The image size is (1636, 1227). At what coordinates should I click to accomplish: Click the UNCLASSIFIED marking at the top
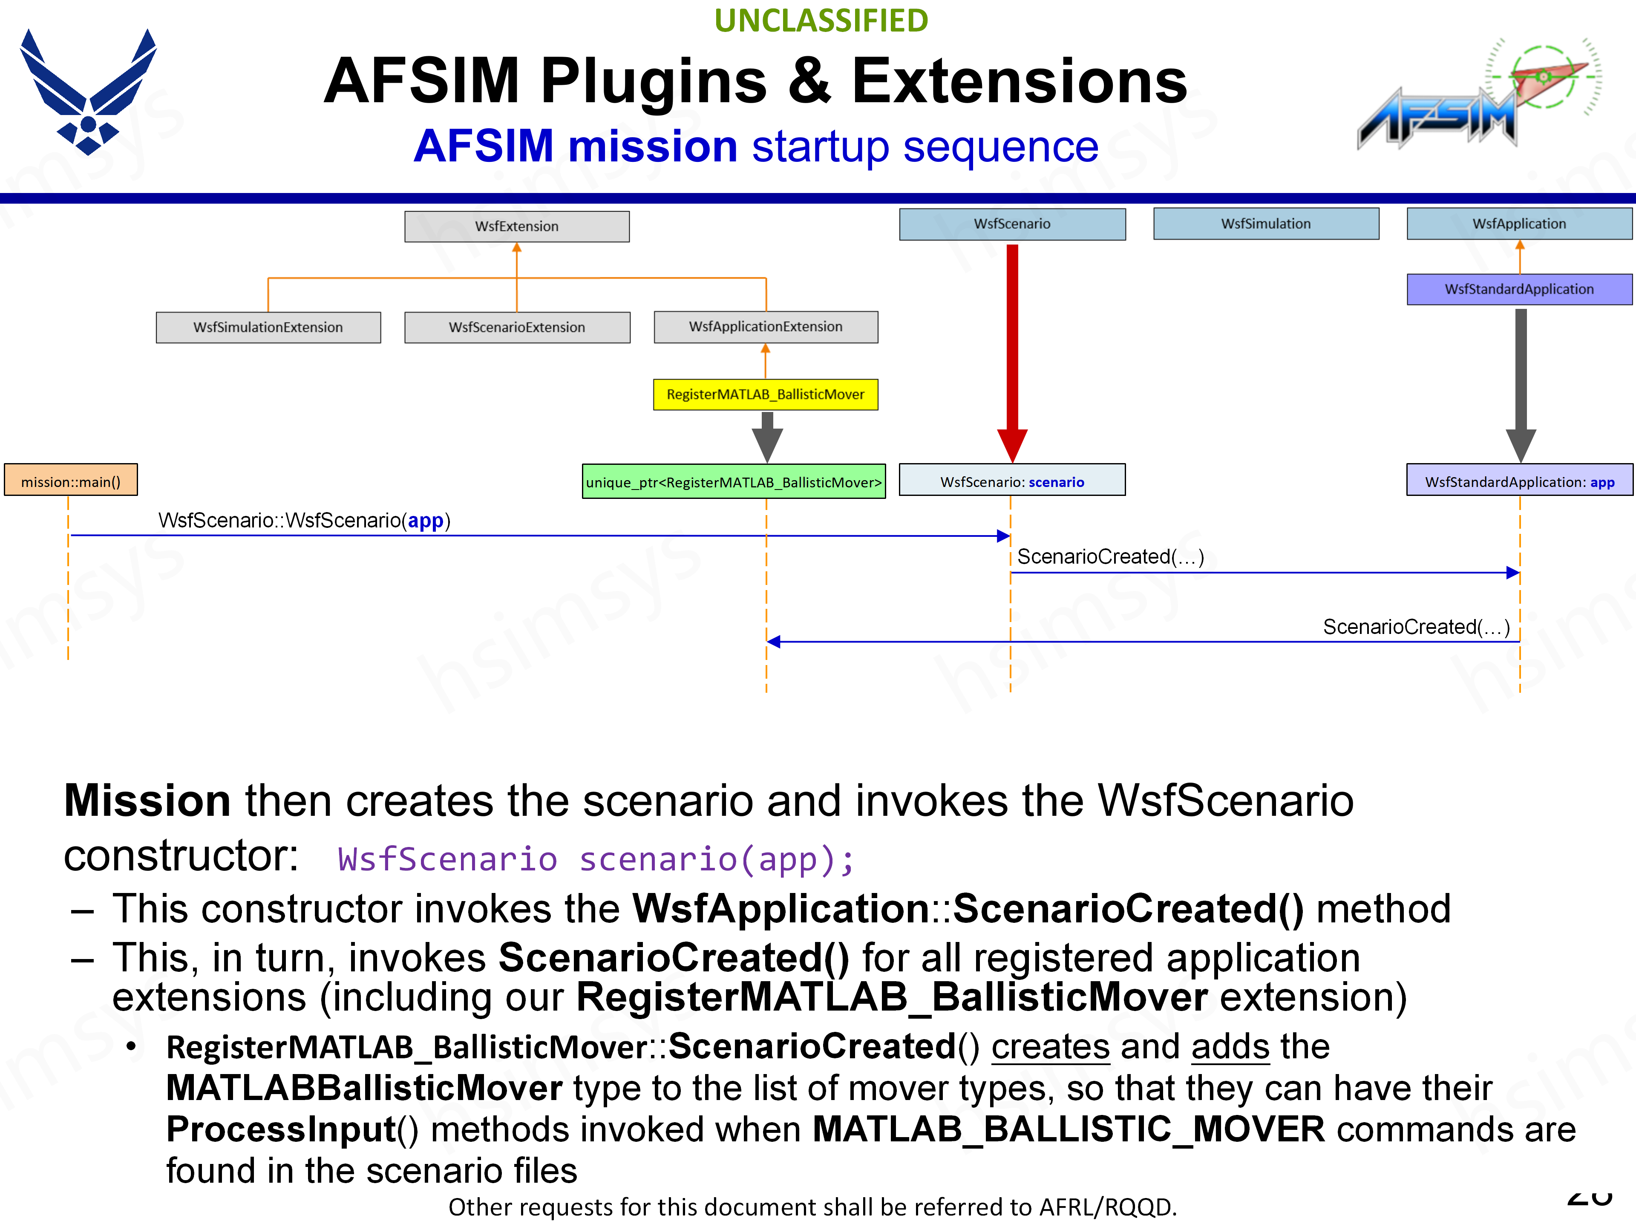coord(821,21)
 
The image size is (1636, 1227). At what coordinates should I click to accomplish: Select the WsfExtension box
coord(516,226)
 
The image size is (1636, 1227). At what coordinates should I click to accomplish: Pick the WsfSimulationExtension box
coord(268,327)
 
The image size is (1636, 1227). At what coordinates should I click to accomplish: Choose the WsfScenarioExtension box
coord(517,327)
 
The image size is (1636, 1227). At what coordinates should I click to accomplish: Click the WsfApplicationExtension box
coord(766,326)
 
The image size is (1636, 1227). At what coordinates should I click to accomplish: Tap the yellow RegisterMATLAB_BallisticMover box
coord(766,394)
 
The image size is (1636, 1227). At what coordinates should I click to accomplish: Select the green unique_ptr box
coord(734,481)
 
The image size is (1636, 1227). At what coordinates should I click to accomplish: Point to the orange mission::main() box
coord(71,481)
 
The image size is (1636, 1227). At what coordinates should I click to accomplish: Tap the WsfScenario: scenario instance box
coord(1012,481)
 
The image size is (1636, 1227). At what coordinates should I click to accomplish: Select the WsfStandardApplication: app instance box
coord(1519,481)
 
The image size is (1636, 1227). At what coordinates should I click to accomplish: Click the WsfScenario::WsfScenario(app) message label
coord(304,521)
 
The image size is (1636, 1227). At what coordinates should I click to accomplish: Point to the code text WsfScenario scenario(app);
coord(595,859)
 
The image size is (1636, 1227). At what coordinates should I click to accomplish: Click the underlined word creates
coord(1050,1046)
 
